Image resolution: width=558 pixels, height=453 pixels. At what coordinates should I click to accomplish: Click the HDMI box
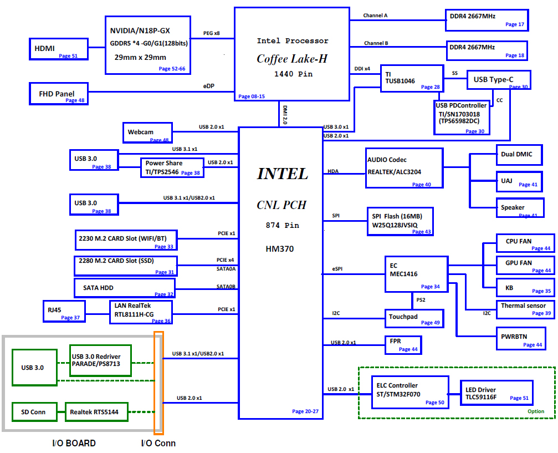pos(58,49)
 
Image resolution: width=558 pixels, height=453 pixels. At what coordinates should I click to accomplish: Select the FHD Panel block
pos(59,93)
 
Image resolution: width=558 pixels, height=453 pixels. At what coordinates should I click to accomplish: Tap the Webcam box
pos(147,133)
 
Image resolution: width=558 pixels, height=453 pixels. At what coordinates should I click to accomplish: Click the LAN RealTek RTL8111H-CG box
pos(141,313)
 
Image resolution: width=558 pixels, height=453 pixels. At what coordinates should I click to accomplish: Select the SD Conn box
pos(34,412)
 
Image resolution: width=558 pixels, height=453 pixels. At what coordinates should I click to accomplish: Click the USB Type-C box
pos(498,81)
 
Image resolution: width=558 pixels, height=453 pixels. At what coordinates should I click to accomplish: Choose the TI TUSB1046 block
pos(412,78)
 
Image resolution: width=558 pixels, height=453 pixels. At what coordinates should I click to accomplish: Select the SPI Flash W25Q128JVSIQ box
pos(400,221)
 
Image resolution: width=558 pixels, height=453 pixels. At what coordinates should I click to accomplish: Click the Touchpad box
pos(414,318)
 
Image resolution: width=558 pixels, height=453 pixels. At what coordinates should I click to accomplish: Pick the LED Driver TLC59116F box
pos(496,393)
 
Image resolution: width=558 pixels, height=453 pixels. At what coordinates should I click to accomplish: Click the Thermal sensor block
pos(524,309)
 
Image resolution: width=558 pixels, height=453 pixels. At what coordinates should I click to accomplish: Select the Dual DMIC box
pos(519,155)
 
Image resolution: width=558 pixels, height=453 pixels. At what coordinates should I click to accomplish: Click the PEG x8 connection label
pos(212,33)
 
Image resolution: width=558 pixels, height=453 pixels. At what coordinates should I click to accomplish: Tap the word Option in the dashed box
pos(536,411)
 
